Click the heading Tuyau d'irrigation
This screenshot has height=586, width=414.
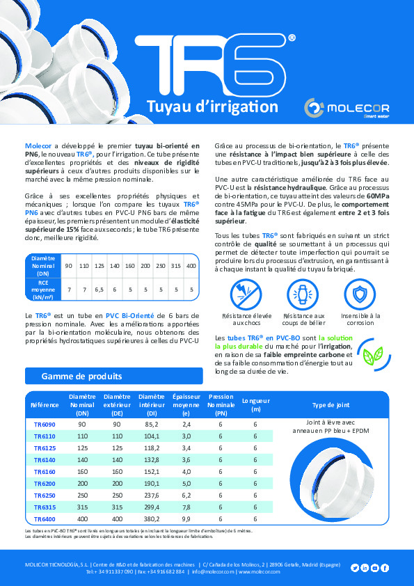202,106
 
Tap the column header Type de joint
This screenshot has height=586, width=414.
331,405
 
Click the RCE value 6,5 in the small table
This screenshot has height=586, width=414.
99,287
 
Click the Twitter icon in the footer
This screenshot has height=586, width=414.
355,568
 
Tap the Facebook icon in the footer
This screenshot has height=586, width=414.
385,568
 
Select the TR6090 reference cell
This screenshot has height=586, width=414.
45,423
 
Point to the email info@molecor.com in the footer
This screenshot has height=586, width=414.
212,571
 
